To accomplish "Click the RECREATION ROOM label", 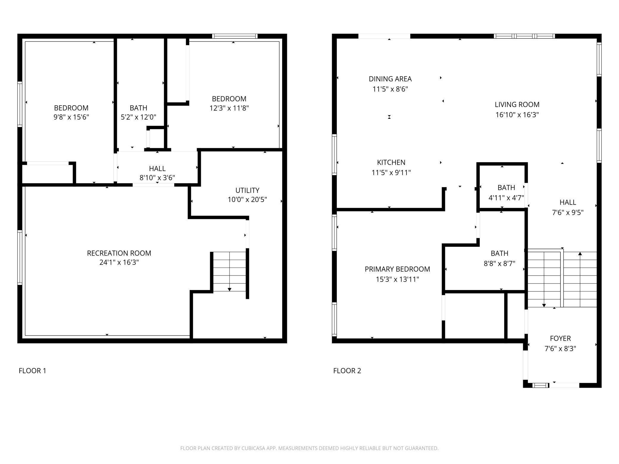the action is tap(119, 253).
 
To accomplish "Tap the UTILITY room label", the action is tap(247, 190).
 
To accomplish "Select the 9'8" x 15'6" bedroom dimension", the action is tap(71, 117).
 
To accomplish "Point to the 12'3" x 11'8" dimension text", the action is tap(229, 108).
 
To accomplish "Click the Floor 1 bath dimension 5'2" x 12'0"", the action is tap(138, 117).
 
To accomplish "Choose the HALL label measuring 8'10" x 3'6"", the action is tap(157, 169).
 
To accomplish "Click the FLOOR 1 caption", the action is tap(32, 371).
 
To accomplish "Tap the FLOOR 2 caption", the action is tap(347, 371).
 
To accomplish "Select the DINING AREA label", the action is tap(390, 79).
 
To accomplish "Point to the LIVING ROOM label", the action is tap(517, 104).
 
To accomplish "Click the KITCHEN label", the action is tap(391, 162).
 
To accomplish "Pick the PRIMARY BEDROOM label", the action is tap(397, 269).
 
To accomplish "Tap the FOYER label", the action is tap(560, 338).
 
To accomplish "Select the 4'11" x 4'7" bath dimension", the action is tap(506, 198).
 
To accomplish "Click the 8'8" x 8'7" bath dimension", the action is tap(499, 264).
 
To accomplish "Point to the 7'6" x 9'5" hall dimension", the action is tap(568, 213).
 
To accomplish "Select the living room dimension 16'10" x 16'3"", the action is tap(517, 115).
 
